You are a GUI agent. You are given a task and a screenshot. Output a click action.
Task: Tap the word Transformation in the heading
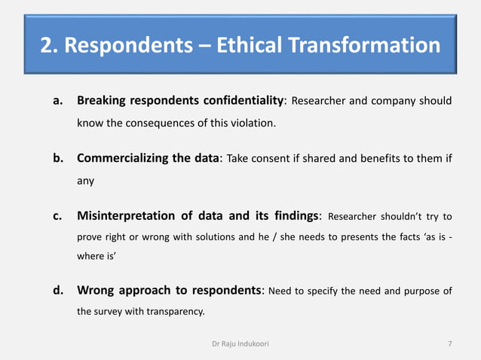368,46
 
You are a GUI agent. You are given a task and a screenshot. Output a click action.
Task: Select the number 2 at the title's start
47,46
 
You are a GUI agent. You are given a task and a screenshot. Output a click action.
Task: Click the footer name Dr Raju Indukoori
241,344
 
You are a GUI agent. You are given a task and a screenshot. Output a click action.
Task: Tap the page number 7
450,344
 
